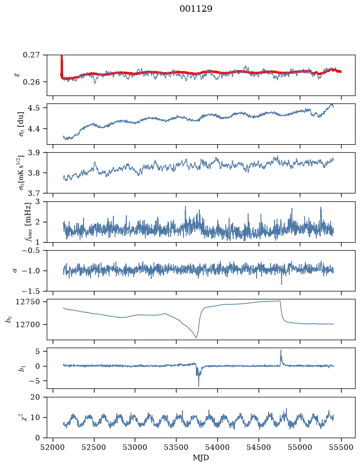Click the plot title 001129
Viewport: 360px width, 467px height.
196,9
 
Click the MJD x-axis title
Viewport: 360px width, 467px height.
201,458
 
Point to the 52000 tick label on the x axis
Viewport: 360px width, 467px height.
53,447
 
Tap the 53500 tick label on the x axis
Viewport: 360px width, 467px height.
177,447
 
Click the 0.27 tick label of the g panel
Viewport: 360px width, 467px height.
31,55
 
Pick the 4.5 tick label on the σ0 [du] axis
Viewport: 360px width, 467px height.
34,108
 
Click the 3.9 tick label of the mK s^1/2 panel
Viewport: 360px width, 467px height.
34,153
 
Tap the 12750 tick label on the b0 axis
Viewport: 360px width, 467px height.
28,302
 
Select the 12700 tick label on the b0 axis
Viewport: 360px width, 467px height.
28,325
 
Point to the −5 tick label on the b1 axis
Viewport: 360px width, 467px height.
35,381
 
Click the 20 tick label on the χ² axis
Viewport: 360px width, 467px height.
35,397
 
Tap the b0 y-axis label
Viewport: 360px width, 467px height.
9,319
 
